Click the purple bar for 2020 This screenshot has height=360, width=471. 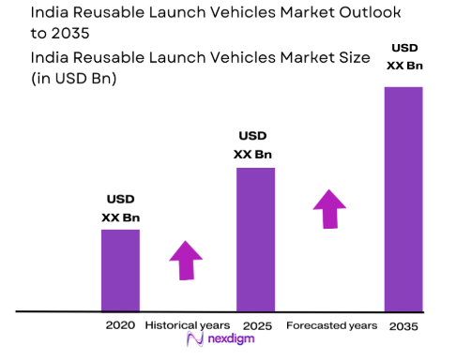click(x=120, y=269)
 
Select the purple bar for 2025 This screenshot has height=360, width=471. click(x=255, y=239)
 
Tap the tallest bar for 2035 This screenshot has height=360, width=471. click(x=403, y=198)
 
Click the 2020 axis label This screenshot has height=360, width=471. click(x=120, y=325)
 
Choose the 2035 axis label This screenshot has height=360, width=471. click(x=403, y=325)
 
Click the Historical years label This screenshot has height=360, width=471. click(x=187, y=325)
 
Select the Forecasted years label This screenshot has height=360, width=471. click(x=331, y=325)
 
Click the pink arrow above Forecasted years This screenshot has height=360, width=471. click(x=328, y=208)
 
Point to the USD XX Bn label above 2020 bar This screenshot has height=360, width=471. click(x=120, y=208)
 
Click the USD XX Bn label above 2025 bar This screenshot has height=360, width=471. click(x=255, y=144)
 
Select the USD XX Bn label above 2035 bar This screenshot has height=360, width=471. click(x=403, y=58)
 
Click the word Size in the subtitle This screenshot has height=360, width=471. click(x=300, y=56)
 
